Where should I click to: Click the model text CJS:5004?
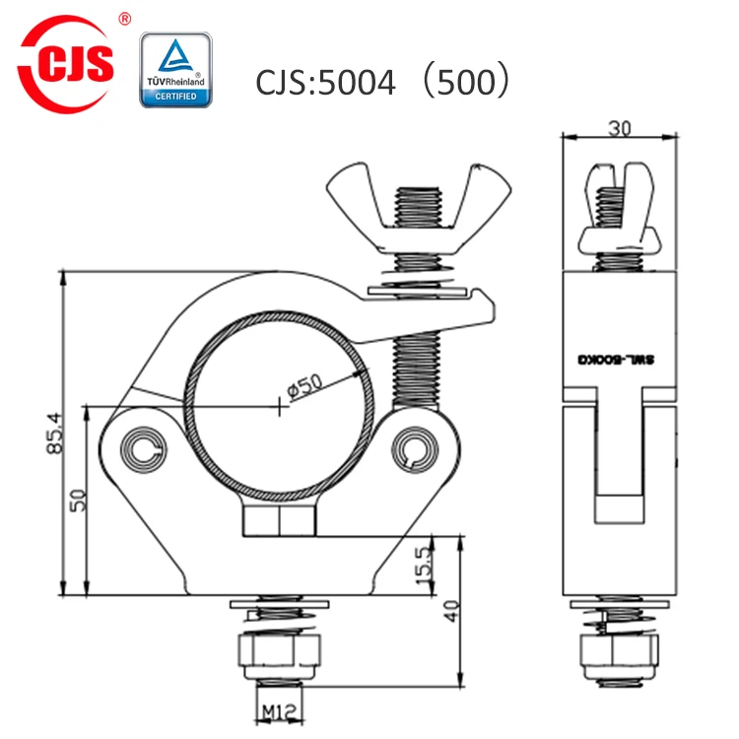coord(325,81)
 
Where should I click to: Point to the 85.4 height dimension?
coord(56,435)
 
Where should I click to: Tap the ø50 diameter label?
coord(306,387)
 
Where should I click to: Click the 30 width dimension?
coord(619,126)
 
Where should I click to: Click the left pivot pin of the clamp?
coord(144,450)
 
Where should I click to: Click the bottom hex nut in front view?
coord(278,652)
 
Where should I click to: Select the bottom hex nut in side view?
coord(619,652)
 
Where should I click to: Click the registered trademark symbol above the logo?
coord(123,18)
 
